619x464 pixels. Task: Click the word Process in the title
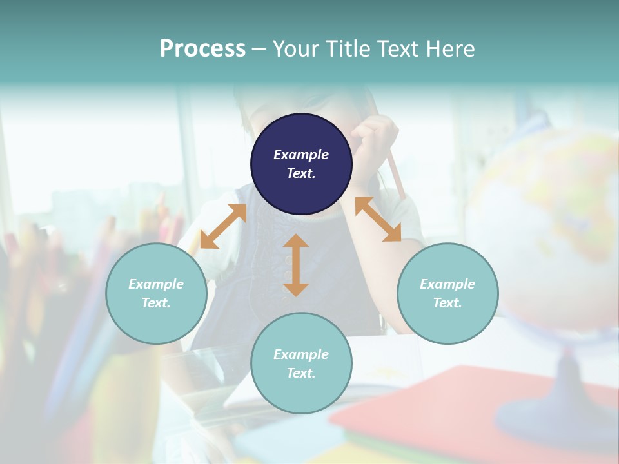click(x=202, y=49)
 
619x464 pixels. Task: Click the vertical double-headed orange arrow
click(x=296, y=265)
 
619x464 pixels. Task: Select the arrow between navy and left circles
click(x=223, y=226)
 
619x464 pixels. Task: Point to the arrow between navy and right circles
click(x=378, y=219)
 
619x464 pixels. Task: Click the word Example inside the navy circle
click(x=301, y=155)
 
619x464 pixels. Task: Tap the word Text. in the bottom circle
click(x=301, y=373)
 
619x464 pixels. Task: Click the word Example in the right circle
click(x=447, y=284)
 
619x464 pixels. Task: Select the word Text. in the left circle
click(x=156, y=303)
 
